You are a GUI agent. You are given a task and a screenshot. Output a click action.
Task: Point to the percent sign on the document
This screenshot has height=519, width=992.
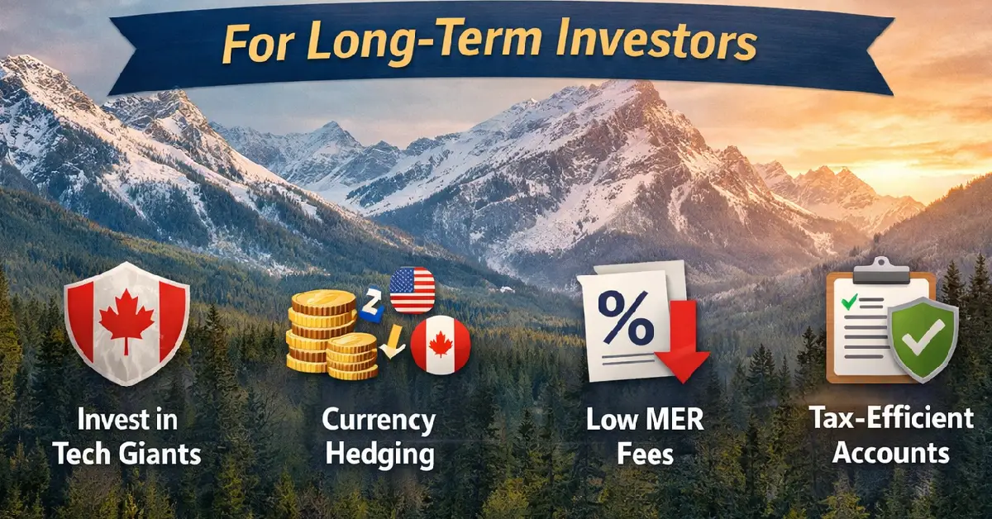click(622, 318)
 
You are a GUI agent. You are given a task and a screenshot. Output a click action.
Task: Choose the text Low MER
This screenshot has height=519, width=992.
click(645, 420)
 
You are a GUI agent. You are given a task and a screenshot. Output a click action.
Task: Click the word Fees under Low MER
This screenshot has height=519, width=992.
click(645, 454)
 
